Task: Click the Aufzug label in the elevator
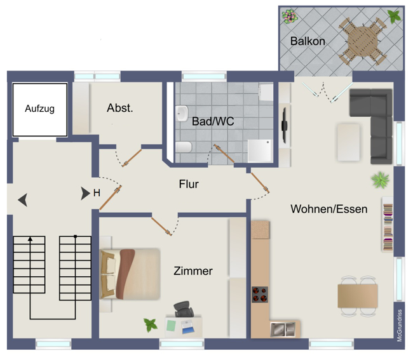tap(40, 109)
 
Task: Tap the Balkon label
tap(308, 41)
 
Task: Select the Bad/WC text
tap(213, 121)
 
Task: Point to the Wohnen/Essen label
tap(329, 209)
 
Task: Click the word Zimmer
tap(193, 270)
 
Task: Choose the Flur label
tap(189, 184)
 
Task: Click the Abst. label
tap(120, 108)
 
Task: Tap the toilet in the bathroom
tap(184, 147)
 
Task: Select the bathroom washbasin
tap(182, 114)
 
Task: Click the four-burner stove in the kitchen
tap(260, 295)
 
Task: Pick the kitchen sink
tap(283, 330)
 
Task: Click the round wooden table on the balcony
tap(362, 41)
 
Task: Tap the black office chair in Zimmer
tap(184, 309)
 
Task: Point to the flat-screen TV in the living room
tap(285, 125)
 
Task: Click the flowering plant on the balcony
tap(290, 17)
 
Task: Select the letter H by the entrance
tap(97, 193)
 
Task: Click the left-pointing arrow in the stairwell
tap(23, 200)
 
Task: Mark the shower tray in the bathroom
tap(260, 150)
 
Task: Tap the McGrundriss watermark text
tap(400, 326)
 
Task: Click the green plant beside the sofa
tap(380, 180)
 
